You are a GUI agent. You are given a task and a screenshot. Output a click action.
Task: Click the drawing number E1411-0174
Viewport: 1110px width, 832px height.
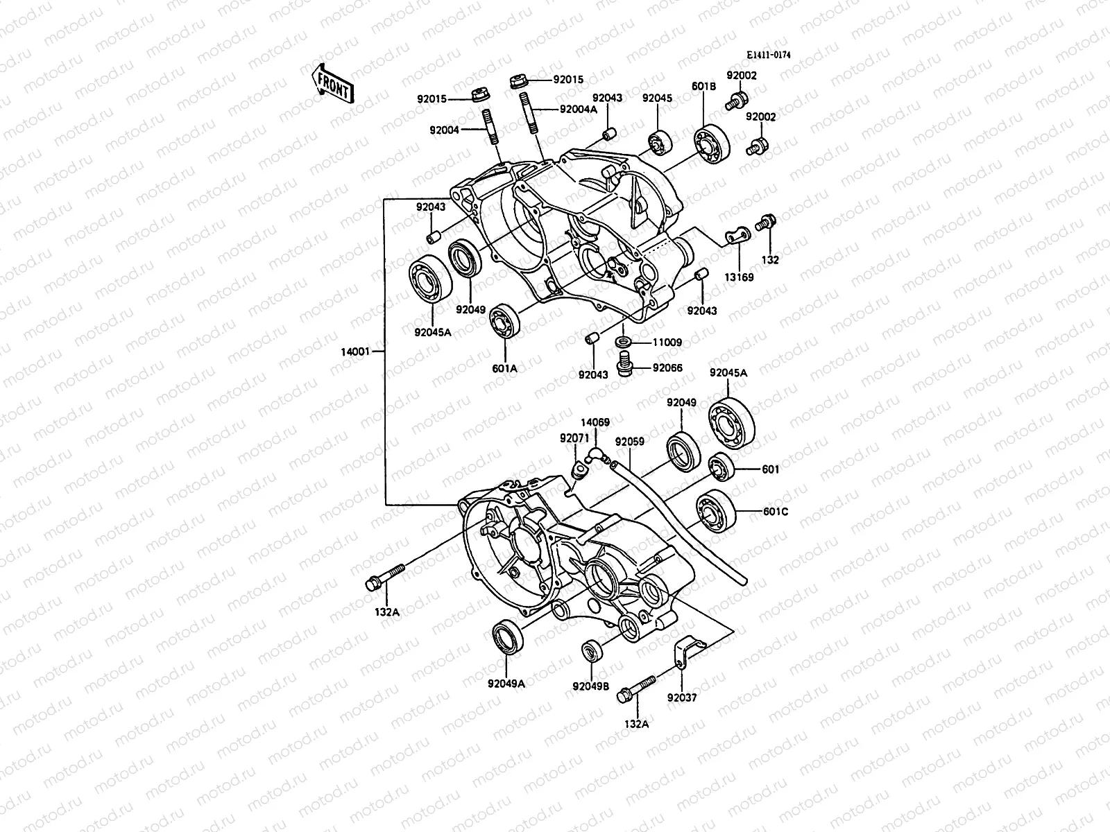click(x=769, y=55)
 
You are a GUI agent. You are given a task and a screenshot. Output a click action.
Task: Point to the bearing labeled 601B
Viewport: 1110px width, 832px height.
click(x=712, y=146)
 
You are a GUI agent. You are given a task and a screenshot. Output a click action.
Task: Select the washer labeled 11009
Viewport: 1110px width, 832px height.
click(x=623, y=342)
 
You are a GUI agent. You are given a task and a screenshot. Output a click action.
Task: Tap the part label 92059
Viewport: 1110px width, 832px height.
click(x=629, y=441)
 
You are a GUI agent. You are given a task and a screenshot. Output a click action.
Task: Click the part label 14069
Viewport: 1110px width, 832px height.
click(x=595, y=422)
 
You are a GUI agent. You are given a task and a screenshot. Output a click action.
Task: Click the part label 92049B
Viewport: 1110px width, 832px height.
click(x=590, y=686)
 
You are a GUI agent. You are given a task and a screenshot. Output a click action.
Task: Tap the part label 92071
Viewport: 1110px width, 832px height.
click(x=574, y=438)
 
